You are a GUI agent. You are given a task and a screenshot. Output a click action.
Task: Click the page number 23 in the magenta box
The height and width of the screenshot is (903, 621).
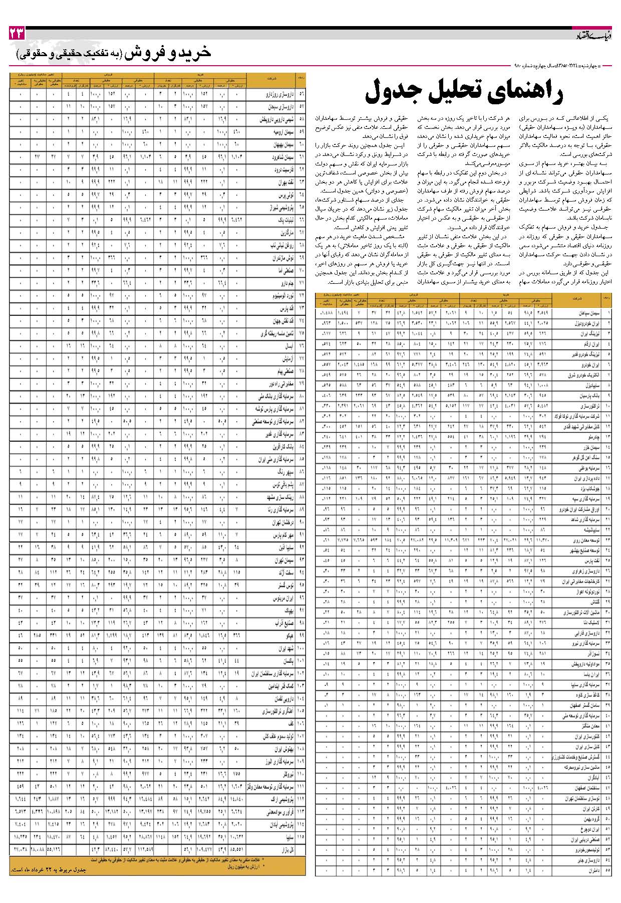click(17, 34)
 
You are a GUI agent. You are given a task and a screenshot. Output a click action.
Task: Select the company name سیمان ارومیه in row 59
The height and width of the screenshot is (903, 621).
click(283, 132)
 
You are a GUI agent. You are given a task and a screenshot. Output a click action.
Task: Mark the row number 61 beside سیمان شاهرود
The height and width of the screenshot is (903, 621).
click(301, 157)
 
